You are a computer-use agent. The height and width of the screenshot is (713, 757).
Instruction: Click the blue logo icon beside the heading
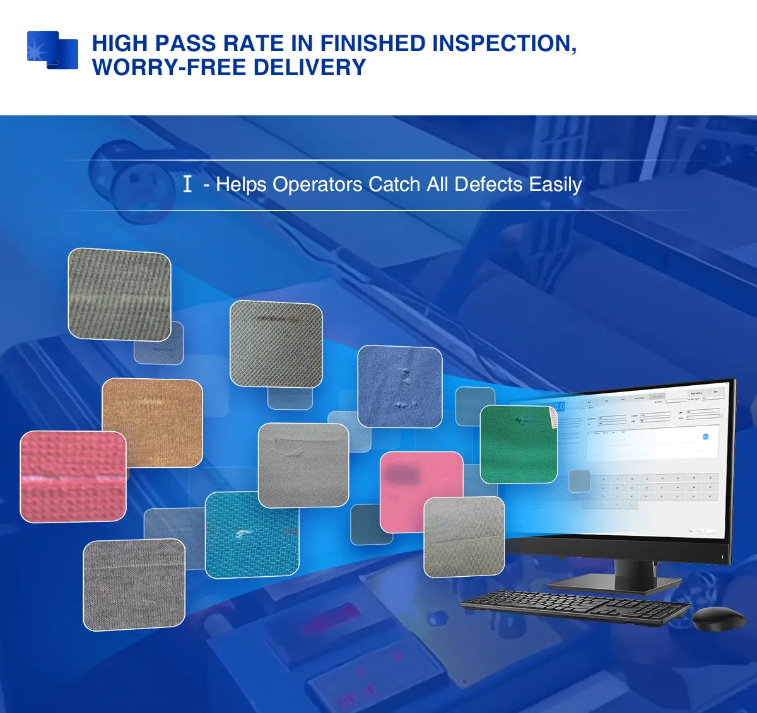[x=52, y=50]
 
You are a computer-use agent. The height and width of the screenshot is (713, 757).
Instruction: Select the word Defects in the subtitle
[x=488, y=184]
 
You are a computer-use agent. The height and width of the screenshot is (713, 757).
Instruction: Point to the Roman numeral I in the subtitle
[x=187, y=184]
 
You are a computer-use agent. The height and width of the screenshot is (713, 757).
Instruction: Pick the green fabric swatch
[x=519, y=444]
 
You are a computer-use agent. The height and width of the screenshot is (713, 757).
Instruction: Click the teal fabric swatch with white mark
[x=252, y=534]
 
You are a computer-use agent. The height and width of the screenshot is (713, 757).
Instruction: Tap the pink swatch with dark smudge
[x=421, y=491]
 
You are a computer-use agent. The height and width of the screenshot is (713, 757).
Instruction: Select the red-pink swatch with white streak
[x=73, y=477]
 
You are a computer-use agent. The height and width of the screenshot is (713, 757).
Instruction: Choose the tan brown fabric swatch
[x=152, y=421]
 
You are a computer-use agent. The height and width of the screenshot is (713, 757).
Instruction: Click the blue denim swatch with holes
[x=399, y=386]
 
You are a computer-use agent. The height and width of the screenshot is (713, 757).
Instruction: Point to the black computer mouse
[x=719, y=618]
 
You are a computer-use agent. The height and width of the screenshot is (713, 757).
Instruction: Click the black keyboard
[x=575, y=607]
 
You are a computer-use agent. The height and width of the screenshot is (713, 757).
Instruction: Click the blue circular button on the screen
[x=705, y=436]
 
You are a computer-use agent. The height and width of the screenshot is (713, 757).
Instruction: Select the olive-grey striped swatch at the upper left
[x=119, y=294]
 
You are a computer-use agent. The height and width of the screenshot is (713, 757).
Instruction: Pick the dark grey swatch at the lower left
[x=134, y=584]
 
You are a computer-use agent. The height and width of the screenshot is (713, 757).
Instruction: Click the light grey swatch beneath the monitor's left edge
[x=464, y=536]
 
